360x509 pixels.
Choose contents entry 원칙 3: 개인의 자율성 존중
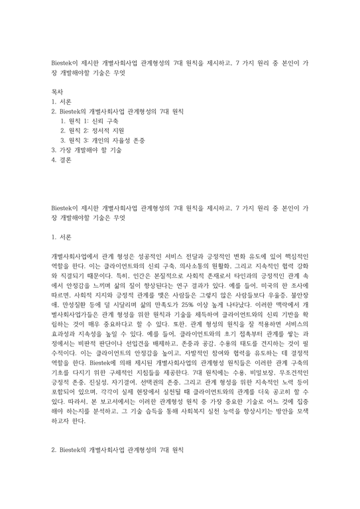(x=103, y=141)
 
